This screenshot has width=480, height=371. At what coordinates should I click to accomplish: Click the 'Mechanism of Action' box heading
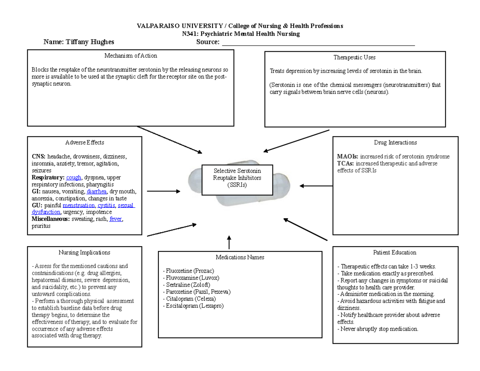tap(130, 56)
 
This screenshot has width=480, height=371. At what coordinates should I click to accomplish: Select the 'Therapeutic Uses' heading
tap(355, 58)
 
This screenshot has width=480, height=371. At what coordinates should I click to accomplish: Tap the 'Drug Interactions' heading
tap(395, 142)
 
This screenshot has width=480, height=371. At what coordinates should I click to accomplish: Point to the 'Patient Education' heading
tap(395, 253)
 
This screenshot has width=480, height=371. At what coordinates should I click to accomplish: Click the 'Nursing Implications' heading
tap(84, 253)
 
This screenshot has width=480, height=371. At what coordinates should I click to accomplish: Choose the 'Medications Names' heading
tap(240, 257)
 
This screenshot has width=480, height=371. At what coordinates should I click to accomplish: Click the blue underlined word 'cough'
tap(74, 177)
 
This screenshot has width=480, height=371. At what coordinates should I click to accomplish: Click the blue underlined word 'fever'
tap(116, 219)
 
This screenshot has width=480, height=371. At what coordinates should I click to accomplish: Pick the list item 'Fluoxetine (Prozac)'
tap(186, 271)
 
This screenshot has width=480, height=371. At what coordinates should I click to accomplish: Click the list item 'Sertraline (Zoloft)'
tap(184, 285)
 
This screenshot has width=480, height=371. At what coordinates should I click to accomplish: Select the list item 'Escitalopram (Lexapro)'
tap(193, 306)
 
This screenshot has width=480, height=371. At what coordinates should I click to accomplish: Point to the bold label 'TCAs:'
tap(346, 164)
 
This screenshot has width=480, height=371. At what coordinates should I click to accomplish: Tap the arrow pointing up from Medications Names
tap(228, 243)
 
